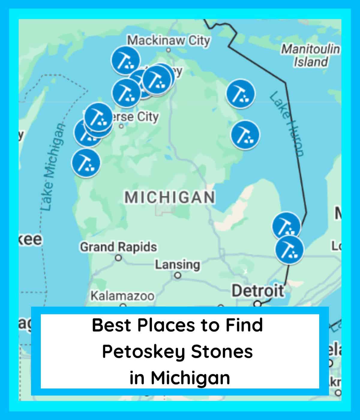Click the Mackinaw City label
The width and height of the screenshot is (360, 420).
pyautogui.click(x=169, y=40)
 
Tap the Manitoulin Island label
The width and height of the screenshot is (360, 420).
pyautogui.click(x=310, y=55)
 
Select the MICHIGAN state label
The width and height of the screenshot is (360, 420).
pyautogui.click(x=170, y=197)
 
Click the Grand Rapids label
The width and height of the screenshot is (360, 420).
pyautogui.click(x=118, y=247)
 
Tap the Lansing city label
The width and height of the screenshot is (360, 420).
pyautogui.click(x=177, y=265)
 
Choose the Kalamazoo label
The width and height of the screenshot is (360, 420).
pyautogui.click(x=122, y=296)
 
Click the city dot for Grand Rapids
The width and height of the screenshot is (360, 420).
pyautogui.click(x=119, y=258)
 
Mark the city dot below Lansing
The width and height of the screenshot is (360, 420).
pyautogui.click(x=178, y=275)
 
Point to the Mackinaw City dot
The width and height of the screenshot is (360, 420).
pyautogui.click(x=169, y=50)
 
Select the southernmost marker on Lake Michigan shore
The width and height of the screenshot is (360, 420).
pyautogui.click(x=86, y=163)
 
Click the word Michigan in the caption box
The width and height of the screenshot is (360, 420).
pyautogui.click(x=190, y=378)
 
